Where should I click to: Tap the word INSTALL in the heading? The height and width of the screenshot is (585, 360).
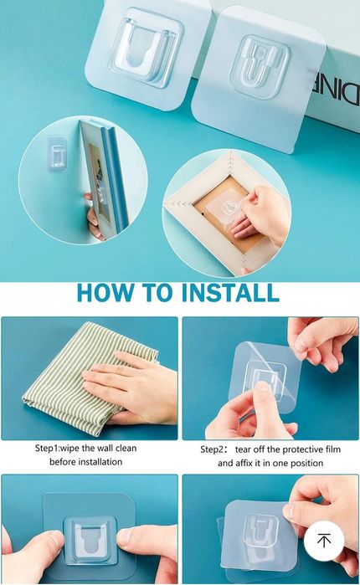tap(230, 293)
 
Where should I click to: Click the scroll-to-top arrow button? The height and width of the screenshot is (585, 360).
tap(324, 541)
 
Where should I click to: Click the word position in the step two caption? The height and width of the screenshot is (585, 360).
tap(308, 464)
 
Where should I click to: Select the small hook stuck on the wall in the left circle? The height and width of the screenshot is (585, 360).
tap(58, 155)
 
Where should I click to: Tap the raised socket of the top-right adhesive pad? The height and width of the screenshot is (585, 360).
tap(260, 66)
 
